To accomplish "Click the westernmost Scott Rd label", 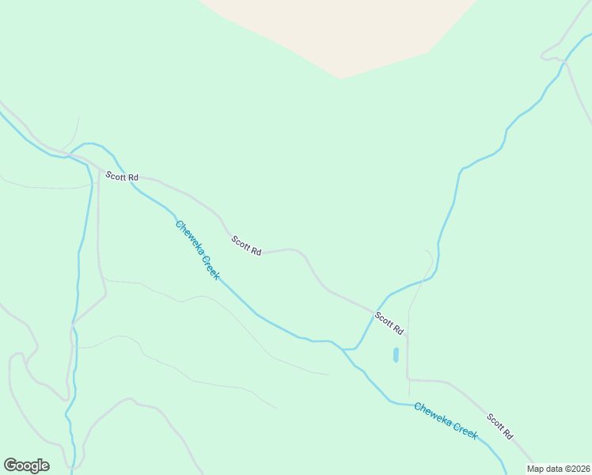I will pos(122,177).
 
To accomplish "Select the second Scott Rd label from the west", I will pos(246,245).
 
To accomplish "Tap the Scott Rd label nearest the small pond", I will pos(389,323).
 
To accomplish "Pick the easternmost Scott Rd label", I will pos(500,427).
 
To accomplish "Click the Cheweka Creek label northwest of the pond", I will pos(197,249).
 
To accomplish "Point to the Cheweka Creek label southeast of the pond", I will pos(446,420).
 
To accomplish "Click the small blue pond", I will pos(396,355).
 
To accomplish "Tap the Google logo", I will pos(26,465).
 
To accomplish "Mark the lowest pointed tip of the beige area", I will pos(340,78).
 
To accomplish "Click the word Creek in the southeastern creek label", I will pos(464,429).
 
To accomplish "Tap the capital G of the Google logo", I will pos(10,465).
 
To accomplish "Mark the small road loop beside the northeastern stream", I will pos(552,56).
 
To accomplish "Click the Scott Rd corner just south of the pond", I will pos(408,379).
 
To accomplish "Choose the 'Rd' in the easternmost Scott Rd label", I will pos(507,435).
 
